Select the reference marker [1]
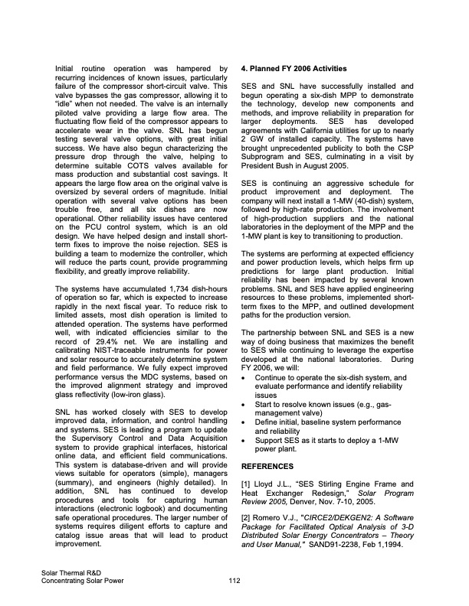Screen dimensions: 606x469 click(x=246, y=484)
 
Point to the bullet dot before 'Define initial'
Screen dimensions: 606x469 click(x=244, y=421)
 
